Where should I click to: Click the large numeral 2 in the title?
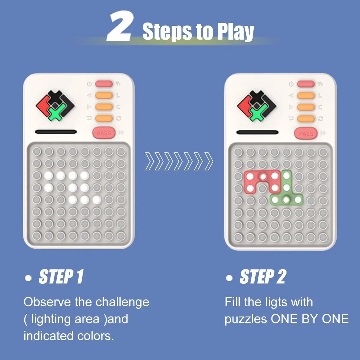[120, 26]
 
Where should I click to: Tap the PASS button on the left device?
[104, 133]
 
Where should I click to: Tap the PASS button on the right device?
[306, 133]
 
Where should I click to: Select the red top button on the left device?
[104, 84]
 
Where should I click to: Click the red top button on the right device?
[306, 84]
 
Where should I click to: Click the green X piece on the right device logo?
[258, 113]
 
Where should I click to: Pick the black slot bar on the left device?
[56, 132]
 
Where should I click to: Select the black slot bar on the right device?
[257, 132]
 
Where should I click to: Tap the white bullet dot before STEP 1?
[28, 278]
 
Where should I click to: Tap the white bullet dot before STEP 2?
[229, 278]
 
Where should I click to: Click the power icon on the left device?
[89, 84]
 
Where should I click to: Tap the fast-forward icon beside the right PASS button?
[323, 133]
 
